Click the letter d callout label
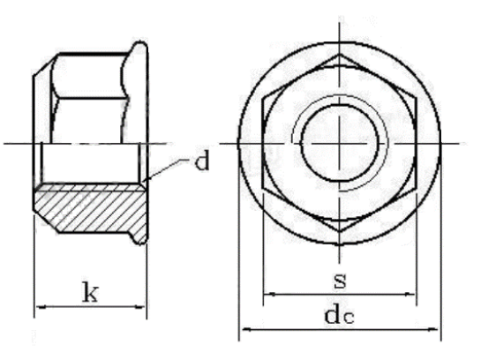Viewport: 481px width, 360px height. pyautogui.click(x=203, y=163)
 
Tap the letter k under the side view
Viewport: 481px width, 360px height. pyautogui.click(x=90, y=293)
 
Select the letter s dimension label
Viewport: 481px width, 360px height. pyautogui.click(x=340, y=281)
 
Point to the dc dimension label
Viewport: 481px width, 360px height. pyautogui.click(x=340, y=315)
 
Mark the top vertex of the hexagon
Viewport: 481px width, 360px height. pyautogui.click(x=340, y=56)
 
